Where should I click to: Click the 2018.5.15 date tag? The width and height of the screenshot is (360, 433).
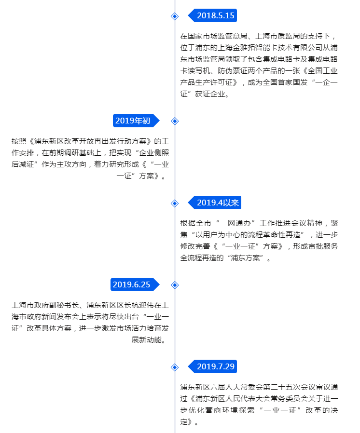212,15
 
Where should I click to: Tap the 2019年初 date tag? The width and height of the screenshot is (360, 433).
136,121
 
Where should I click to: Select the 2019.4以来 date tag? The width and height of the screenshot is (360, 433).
215,203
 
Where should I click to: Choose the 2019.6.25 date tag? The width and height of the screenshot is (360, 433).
135,284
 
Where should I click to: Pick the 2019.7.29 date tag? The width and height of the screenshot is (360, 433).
212,366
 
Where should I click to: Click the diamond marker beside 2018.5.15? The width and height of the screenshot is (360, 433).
175,16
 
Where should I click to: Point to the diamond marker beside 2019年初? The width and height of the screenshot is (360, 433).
175,121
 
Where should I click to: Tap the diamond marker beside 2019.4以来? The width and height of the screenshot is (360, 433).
175,203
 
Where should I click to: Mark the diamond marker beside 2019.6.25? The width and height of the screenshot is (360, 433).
175,285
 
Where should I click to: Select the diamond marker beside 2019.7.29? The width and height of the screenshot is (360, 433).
175,367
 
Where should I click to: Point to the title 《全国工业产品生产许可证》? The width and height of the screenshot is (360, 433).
259,77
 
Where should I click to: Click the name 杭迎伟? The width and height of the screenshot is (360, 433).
143,305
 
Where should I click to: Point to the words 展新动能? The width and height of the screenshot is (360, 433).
146,340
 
